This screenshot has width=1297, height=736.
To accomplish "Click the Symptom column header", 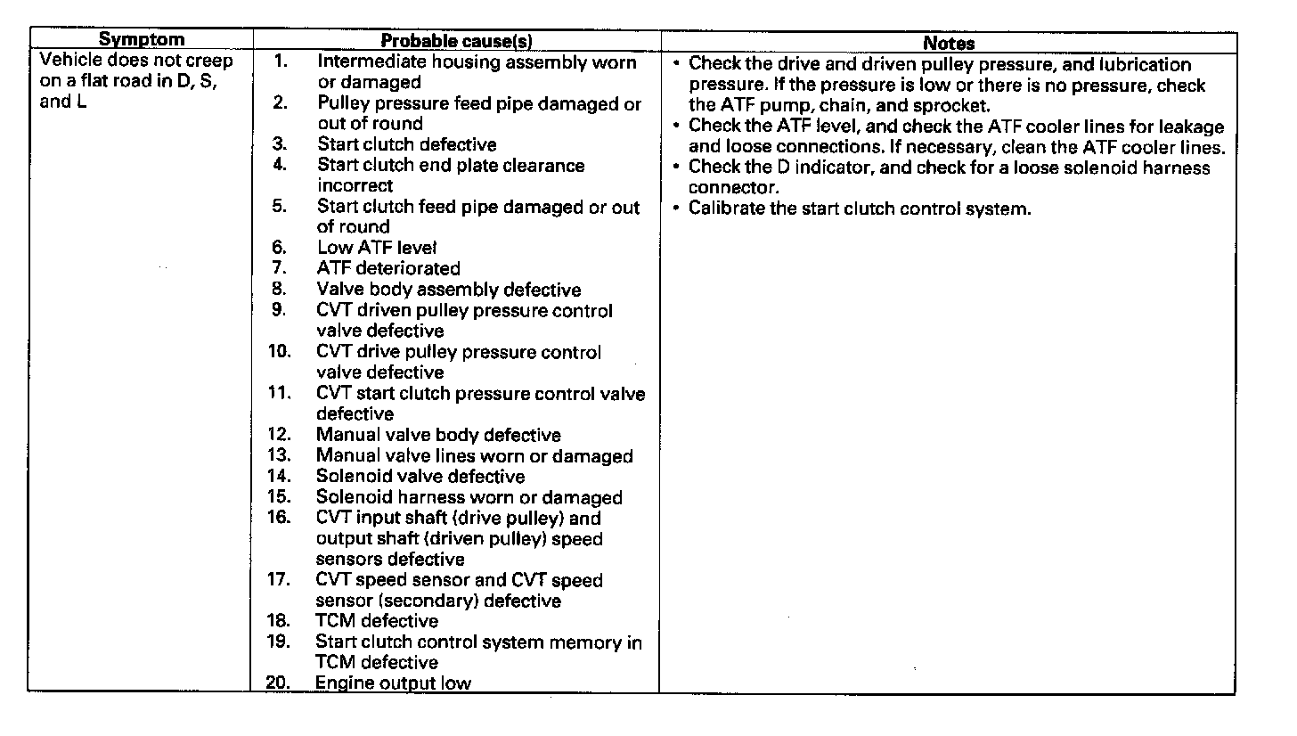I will (141, 39).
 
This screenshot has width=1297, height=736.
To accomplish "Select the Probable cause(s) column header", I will (456, 41).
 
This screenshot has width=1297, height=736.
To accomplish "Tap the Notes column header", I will (948, 42).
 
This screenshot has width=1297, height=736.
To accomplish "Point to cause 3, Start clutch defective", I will (406, 144).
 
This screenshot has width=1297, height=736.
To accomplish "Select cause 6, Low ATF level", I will (376, 248).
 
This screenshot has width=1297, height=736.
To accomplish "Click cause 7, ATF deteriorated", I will (388, 268).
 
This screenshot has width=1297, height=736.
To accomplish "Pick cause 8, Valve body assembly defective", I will (448, 290).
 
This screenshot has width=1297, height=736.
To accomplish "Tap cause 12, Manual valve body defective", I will (438, 435).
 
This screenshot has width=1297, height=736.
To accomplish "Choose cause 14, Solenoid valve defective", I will (420, 477).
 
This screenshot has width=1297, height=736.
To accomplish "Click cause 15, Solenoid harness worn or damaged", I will (469, 497).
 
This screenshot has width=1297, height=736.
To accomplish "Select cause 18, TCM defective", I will (377, 621).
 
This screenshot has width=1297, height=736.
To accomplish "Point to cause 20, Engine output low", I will (393, 683).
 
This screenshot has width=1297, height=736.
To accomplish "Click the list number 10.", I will (279, 352).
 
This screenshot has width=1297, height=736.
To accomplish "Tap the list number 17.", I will (279, 580).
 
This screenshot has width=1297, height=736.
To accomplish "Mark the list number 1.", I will (281, 61).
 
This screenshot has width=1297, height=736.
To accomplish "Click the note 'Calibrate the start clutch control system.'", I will (859, 210).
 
